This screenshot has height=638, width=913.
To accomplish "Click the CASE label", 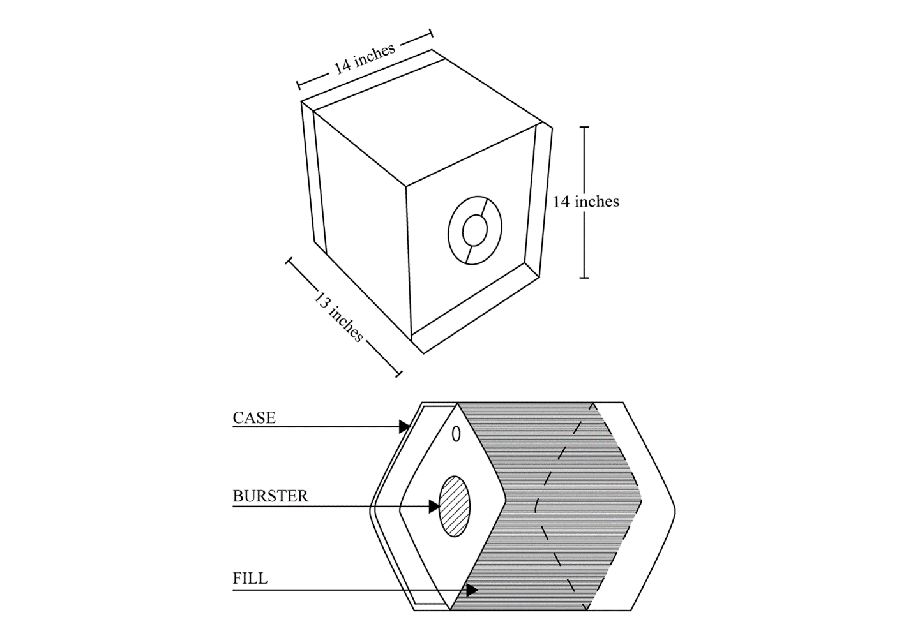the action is pyautogui.click(x=254, y=418).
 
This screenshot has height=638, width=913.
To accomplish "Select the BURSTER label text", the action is pyautogui.click(x=270, y=496).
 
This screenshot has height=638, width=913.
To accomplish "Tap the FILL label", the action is pyautogui.click(x=250, y=579).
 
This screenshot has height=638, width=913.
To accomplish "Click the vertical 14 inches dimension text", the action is pyautogui.click(x=585, y=202).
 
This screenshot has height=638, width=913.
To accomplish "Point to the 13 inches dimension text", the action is pyautogui.click(x=338, y=317).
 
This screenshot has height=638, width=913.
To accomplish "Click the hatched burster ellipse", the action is pyautogui.click(x=455, y=507).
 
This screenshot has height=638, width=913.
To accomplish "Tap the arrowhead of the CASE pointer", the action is pyautogui.click(x=404, y=427).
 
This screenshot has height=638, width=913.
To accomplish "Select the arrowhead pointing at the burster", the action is pyautogui.click(x=435, y=507).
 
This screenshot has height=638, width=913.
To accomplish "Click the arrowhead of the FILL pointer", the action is pyautogui.click(x=472, y=590).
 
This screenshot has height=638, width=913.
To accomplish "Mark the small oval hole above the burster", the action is pyautogui.click(x=456, y=434).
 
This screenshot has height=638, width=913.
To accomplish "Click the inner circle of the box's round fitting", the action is pyautogui.click(x=475, y=231).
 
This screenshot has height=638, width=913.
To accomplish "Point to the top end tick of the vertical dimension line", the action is pyautogui.click(x=584, y=128).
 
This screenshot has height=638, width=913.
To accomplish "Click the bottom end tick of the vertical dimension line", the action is pyautogui.click(x=584, y=278).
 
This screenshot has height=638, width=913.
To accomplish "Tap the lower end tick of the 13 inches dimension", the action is pyautogui.click(x=399, y=374).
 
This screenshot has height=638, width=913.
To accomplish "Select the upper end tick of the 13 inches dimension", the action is pyautogui.click(x=289, y=261).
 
